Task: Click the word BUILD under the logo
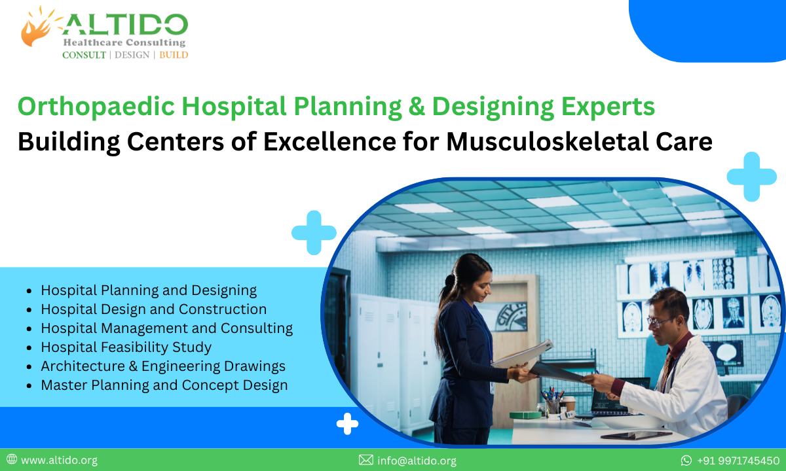(x=174, y=55)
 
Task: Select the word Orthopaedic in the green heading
(x=96, y=107)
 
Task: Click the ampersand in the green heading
(x=417, y=107)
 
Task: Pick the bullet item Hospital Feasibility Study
(x=126, y=347)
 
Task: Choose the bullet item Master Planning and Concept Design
(x=164, y=385)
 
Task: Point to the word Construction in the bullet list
(x=223, y=309)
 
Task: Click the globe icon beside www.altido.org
(x=12, y=459)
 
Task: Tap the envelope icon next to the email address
(x=366, y=460)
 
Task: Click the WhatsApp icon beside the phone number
(x=686, y=460)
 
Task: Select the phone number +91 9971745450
(x=738, y=461)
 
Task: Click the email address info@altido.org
(x=417, y=461)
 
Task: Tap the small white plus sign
(x=347, y=424)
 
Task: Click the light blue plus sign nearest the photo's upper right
(x=752, y=177)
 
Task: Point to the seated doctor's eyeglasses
(x=660, y=321)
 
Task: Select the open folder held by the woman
(x=523, y=355)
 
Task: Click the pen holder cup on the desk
(x=552, y=406)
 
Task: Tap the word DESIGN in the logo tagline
(x=132, y=55)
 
